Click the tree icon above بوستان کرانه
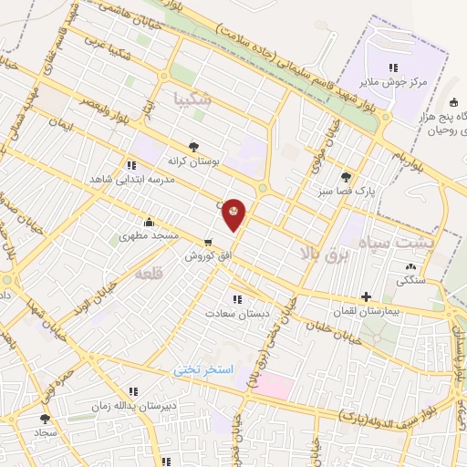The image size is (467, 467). coord(192,146)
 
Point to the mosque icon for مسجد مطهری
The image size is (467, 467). coord(149,222)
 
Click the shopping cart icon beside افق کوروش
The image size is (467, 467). coord(210,243)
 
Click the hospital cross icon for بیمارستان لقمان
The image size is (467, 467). coord(366,296)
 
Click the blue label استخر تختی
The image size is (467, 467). coord(204,370)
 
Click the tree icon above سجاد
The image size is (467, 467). coord(45,419)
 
